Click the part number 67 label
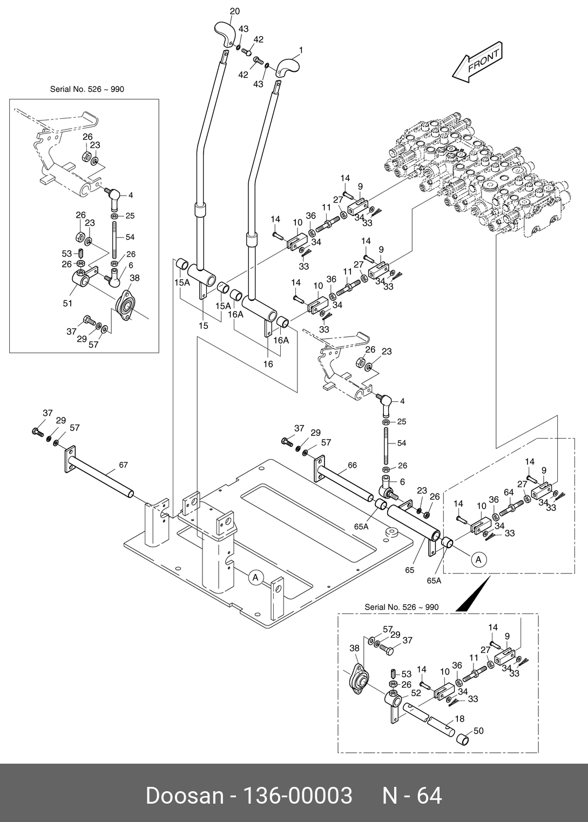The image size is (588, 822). click(x=123, y=464)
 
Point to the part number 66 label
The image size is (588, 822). click(x=352, y=465)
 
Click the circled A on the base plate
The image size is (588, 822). click(x=256, y=577)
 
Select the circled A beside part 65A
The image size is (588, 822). click(x=478, y=560)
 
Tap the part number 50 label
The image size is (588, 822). click(x=478, y=731)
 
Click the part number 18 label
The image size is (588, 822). click(x=459, y=718)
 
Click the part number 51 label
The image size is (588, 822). click(x=67, y=304)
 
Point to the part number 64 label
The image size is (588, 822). click(x=509, y=492)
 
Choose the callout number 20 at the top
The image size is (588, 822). click(x=234, y=11)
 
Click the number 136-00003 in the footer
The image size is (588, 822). click(x=298, y=796)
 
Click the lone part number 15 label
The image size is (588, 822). click(x=203, y=326)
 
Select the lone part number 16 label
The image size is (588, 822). click(x=268, y=364)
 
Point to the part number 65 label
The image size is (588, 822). click(x=410, y=570)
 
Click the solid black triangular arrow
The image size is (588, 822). click(x=474, y=595)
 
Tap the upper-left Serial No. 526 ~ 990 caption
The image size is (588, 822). click(x=87, y=89)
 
